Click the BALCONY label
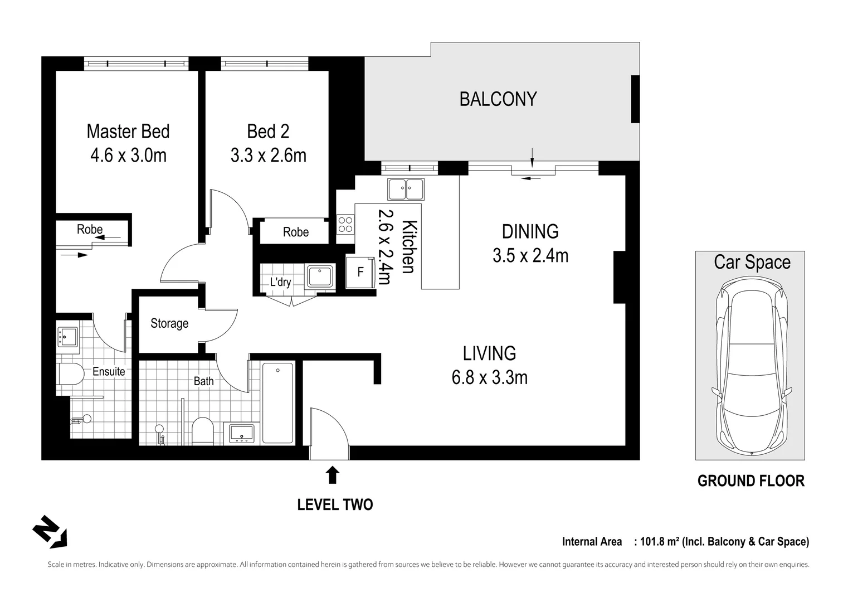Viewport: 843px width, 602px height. point(498,99)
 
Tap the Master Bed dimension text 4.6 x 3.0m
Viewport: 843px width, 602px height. point(128,156)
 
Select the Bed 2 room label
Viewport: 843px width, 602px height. point(268,132)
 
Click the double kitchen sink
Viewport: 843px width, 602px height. point(406,189)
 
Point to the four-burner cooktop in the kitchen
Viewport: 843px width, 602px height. point(345,224)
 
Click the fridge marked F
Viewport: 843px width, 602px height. point(360,273)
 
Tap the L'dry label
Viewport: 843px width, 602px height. point(280,282)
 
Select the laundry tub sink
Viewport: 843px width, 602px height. point(320,276)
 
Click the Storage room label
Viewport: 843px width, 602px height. point(169,323)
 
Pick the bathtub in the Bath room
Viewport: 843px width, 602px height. point(277,403)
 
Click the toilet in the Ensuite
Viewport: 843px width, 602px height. point(70,373)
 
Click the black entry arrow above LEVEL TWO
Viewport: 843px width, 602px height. point(332,474)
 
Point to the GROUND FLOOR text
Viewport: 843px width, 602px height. point(751,481)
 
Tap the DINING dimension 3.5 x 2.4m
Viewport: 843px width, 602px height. point(530,256)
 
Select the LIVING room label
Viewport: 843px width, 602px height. point(489,353)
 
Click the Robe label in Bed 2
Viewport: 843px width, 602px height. point(295,232)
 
